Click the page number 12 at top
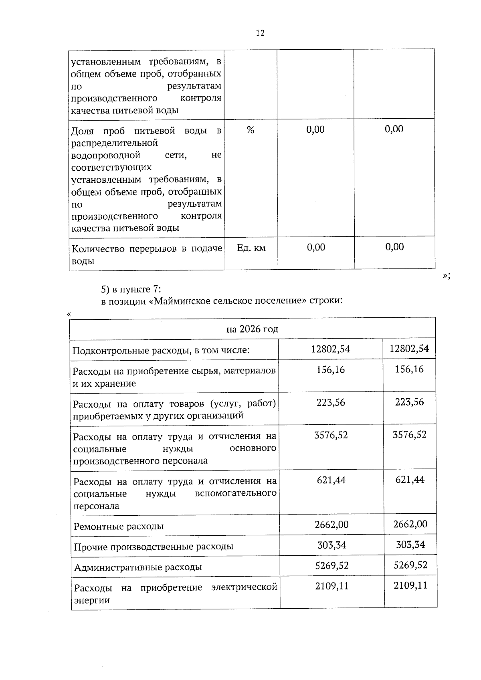point(260,33)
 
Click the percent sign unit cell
point(251,130)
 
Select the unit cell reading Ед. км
point(251,248)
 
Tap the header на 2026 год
point(253,329)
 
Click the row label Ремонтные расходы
point(119,526)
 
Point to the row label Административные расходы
point(138,567)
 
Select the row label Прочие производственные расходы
point(154,547)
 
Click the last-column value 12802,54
point(409,349)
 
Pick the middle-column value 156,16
point(331,369)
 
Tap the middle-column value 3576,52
point(331,435)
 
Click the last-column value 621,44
point(410,480)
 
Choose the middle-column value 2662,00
point(331,524)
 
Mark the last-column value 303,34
point(410,545)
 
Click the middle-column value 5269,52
point(332,565)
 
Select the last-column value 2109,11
point(410,586)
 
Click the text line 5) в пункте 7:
point(131,289)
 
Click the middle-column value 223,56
point(331,402)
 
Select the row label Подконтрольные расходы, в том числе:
point(161,350)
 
